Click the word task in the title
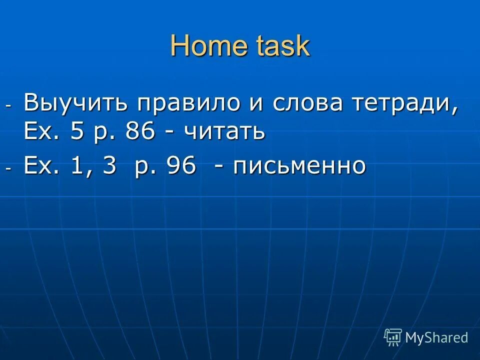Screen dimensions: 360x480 click(283, 46)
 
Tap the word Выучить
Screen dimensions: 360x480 click(76, 103)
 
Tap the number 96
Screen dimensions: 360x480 click(181, 165)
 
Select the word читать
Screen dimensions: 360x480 click(224, 131)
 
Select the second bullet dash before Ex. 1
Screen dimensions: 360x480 click(8, 168)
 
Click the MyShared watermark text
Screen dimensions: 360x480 click(436, 337)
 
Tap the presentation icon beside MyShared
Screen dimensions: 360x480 click(393, 337)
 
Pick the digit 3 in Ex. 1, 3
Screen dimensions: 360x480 click(109, 165)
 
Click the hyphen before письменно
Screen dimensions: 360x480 click(218, 167)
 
